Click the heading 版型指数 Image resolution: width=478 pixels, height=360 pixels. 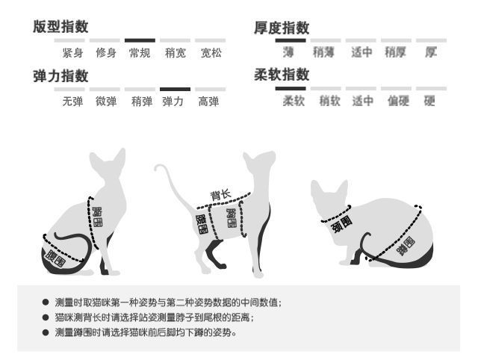point(60,27)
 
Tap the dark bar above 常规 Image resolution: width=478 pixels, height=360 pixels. point(140,40)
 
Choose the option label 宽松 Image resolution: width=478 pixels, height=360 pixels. point(211,53)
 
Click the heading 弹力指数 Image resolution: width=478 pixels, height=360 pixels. point(60,76)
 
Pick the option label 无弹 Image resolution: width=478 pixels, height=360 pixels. point(72,102)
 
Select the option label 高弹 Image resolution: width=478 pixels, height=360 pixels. point(208,102)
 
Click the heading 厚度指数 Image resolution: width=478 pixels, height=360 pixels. point(282,27)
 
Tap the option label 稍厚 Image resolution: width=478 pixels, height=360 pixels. point(395,53)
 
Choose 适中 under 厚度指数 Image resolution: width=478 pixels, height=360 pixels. point(362,53)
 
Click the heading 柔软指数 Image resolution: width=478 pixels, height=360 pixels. point(282,74)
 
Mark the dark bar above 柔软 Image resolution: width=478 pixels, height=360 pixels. point(290,88)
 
